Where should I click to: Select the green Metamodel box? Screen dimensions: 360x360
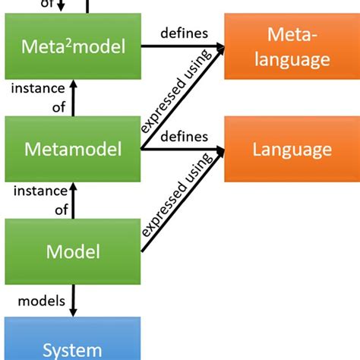73,149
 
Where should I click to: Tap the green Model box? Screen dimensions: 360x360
73,250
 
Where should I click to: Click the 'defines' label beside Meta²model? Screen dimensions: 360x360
179,33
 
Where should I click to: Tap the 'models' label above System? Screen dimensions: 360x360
36,292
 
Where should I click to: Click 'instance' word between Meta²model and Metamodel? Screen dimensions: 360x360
38,89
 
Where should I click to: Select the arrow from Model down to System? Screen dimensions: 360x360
73,300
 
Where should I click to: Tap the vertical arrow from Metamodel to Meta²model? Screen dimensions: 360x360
73,99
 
